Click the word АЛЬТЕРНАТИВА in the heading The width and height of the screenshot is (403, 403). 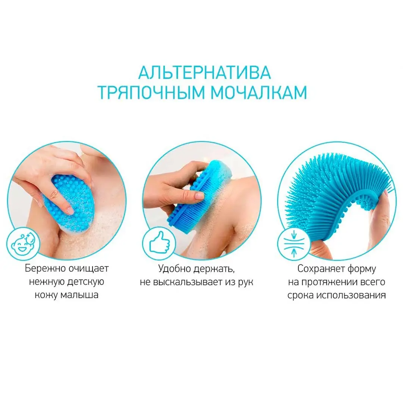204,73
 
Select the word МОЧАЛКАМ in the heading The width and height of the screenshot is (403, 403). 259,92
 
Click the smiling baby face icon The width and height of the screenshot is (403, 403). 23,244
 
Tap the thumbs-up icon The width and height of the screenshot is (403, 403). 159,243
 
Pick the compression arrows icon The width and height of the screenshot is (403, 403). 294,243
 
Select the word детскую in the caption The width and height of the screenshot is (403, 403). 85,282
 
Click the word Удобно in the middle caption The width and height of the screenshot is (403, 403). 175,269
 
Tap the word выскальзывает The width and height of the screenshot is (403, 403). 188,282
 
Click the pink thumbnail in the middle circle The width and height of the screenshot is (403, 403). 199,196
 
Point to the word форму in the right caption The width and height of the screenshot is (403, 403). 362,269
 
